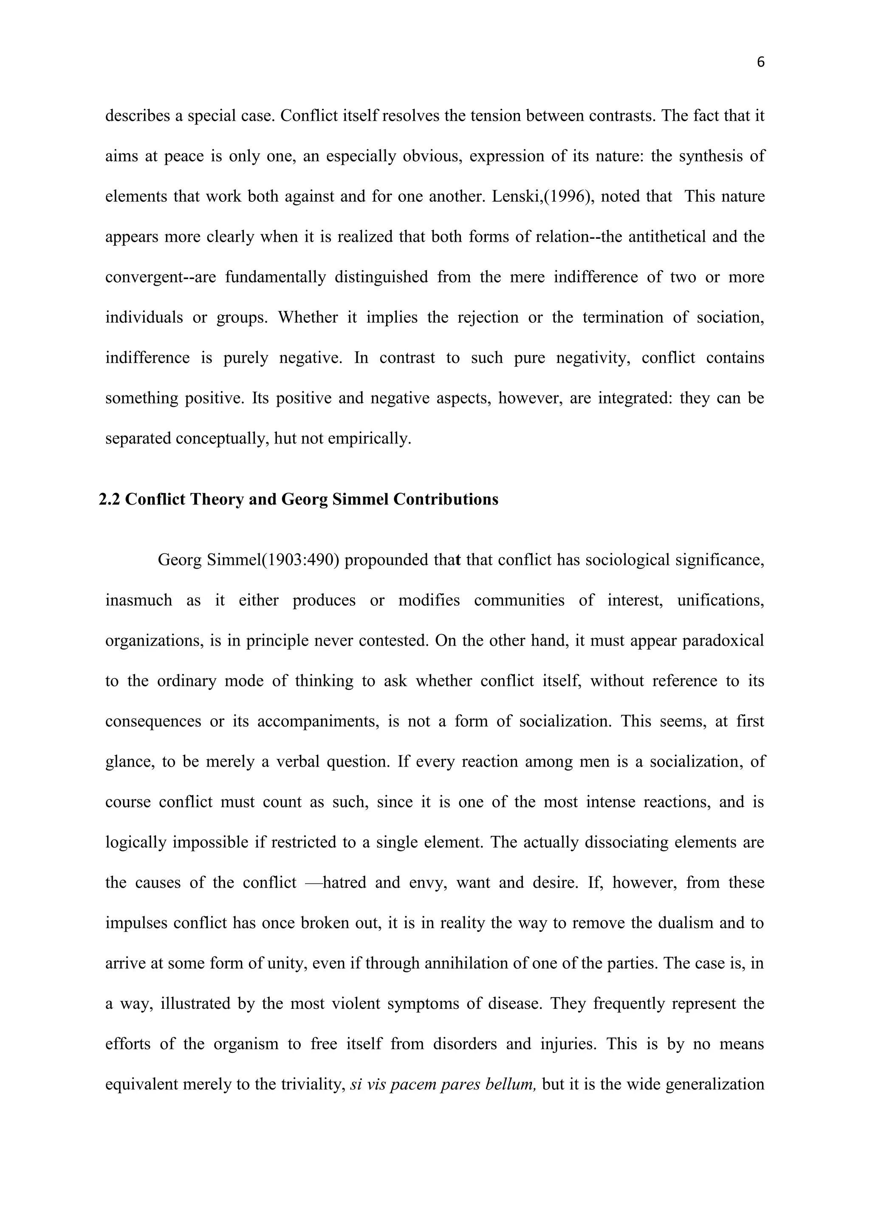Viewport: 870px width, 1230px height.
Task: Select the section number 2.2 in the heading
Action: [110, 499]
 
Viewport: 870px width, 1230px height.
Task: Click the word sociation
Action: [730, 318]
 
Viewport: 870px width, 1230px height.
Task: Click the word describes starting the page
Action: [137, 116]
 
